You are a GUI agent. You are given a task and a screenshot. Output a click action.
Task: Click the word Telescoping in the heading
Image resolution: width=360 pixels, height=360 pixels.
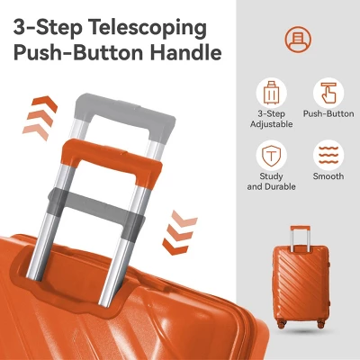(148, 28)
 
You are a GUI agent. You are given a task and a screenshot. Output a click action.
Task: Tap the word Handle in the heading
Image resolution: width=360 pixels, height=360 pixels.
(186, 53)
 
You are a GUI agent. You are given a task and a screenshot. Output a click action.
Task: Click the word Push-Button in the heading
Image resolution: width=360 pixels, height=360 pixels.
(78, 53)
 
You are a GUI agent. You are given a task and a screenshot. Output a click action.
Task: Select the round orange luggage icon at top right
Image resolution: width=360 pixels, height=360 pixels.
(298, 40)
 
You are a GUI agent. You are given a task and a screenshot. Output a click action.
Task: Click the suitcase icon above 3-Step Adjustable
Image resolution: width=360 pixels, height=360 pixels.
(272, 93)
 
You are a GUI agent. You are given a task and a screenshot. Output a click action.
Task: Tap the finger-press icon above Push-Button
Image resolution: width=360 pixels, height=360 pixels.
(328, 93)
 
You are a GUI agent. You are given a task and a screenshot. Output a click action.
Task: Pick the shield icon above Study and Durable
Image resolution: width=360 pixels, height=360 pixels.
(272, 156)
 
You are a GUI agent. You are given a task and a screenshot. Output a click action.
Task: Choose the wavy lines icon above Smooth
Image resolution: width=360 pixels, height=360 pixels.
(328, 156)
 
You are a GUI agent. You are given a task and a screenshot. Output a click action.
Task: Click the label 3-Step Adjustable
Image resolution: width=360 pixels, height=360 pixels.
(272, 119)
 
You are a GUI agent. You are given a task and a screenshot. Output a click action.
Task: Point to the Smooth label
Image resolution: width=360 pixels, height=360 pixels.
(328, 176)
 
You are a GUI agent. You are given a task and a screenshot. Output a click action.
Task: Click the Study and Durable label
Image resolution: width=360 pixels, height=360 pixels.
(272, 181)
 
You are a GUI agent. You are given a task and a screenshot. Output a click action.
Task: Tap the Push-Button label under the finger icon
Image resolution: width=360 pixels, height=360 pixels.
(328, 114)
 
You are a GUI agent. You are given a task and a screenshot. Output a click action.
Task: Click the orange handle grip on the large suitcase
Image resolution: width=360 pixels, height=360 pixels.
(112, 158)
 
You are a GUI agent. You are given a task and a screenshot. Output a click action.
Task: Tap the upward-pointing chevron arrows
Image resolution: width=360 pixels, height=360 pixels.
(40, 118)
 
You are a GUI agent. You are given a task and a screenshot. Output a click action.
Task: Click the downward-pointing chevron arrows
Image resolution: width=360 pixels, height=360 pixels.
(179, 232)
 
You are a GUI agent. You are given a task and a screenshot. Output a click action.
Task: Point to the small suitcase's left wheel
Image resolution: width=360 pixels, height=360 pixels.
(282, 324)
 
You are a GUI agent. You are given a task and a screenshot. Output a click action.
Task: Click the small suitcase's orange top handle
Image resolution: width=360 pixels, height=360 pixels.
(300, 229)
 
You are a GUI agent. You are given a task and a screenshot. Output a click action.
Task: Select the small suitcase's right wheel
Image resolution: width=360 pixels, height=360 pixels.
(321, 324)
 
